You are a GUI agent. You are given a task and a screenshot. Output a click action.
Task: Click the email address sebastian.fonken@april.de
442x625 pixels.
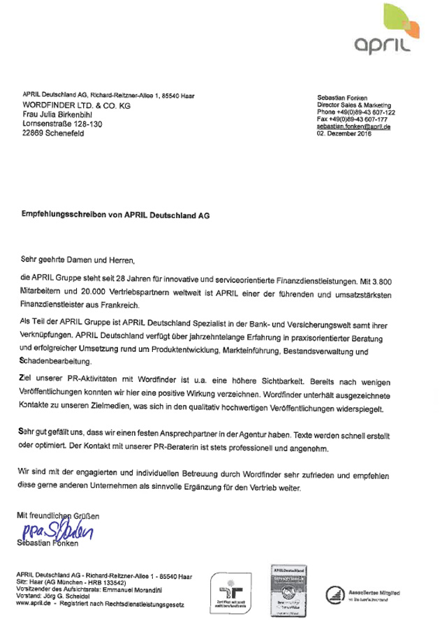[353, 128]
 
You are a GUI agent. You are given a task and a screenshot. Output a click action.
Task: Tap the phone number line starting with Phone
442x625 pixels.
[356, 112]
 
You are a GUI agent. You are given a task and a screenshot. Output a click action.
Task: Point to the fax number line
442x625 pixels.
[352, 120]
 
